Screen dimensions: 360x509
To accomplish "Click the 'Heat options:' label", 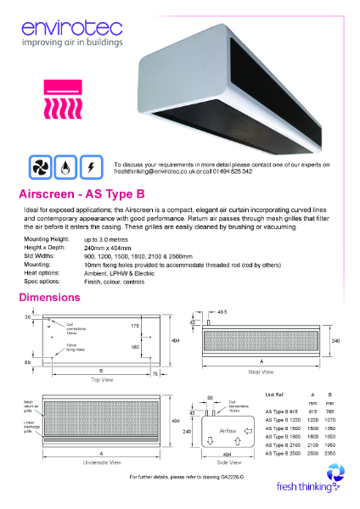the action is click(39, 273).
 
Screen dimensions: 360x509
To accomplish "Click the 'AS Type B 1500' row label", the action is click(284, 428).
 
